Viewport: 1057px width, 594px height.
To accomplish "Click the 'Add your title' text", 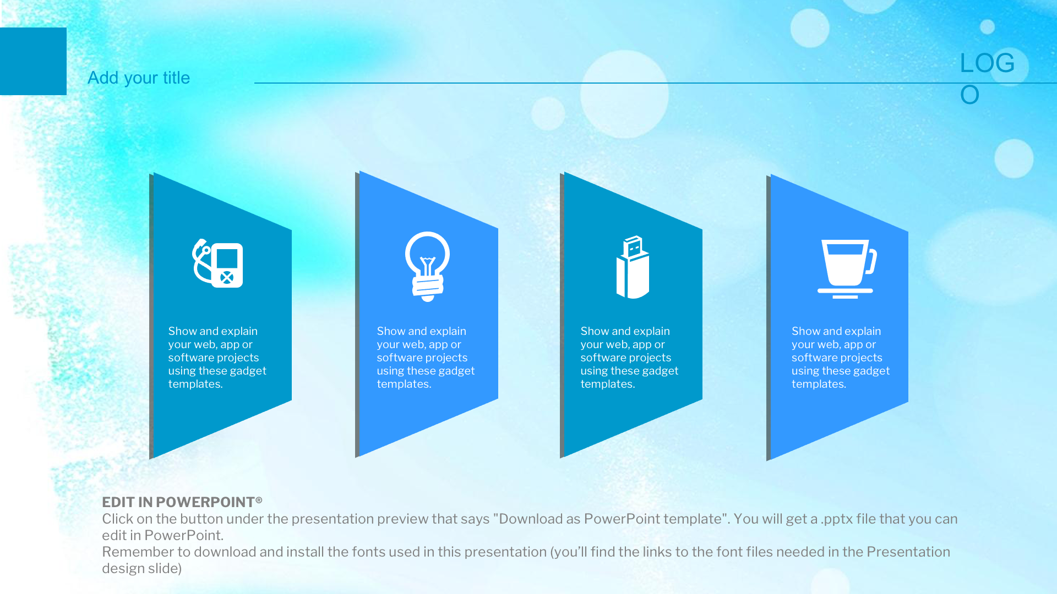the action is pos(139,78).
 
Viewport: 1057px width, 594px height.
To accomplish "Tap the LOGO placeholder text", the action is pos(987,79).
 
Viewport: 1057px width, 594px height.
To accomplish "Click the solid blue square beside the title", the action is pos(33,61).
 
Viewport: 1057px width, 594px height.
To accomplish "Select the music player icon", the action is pos(217,263).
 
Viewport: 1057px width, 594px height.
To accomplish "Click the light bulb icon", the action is pos(427,266).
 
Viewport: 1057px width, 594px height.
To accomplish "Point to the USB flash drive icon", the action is pos(633,267).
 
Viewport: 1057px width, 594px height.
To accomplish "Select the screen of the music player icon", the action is pos(227,258).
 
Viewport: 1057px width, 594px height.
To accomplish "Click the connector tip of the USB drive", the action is pos(633,246).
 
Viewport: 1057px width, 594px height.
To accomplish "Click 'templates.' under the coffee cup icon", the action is pos(819,384).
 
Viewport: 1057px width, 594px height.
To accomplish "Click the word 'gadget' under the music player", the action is pos(248,371).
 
